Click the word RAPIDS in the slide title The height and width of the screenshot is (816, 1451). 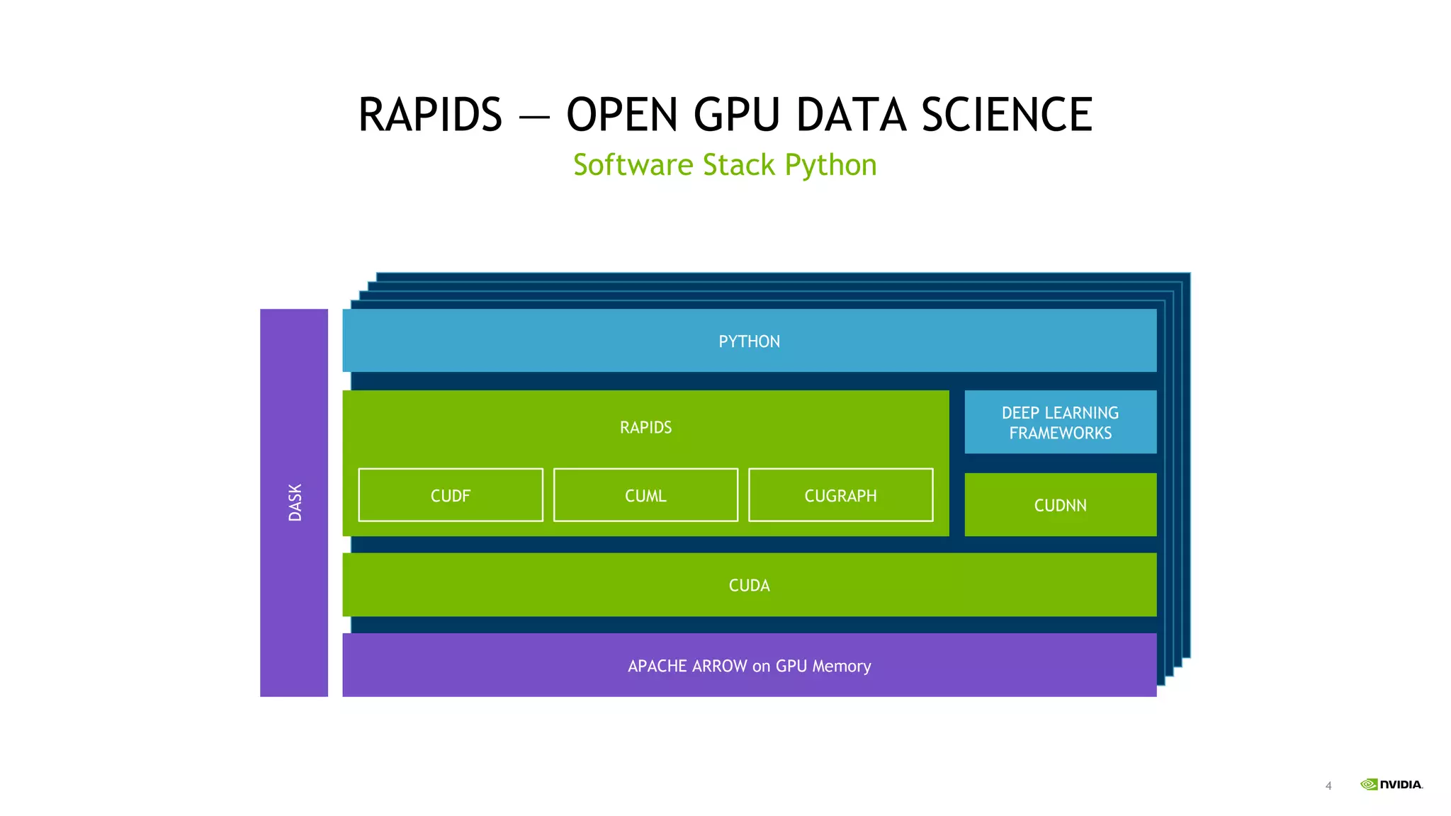pos(430,115)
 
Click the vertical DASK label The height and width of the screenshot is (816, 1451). pos(295,502)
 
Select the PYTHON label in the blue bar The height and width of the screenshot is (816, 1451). pos(749,341)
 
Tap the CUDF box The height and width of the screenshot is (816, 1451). pos(451,495)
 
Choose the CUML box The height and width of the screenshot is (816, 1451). pos(645,495)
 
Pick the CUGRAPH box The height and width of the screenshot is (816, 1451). pos(840,495)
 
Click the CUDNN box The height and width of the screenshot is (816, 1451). pos(1061,504)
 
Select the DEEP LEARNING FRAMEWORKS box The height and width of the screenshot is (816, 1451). pos(1061,422)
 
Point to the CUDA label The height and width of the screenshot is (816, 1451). pos(749,586)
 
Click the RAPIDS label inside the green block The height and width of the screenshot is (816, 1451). pos(645,428)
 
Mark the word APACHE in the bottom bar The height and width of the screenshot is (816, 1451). pos(657,666)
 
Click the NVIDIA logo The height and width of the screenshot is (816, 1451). pos(1391,784)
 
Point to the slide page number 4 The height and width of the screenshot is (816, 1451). pos(1328,786)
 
